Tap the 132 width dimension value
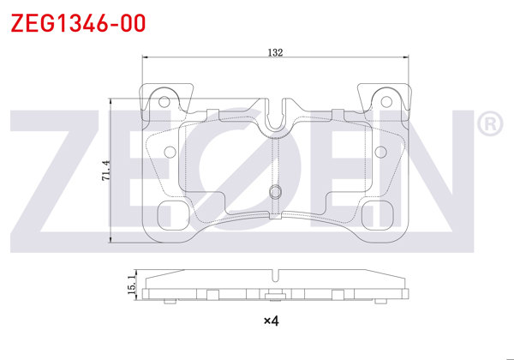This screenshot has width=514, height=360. coord(275,52)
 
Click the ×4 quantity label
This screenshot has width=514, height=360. coord(271,321)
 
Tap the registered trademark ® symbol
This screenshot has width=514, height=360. coord(489,126)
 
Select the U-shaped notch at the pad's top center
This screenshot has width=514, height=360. coord(275,120)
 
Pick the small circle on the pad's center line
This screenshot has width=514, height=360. coord(275,191)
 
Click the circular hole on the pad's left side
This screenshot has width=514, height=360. coord(170,153)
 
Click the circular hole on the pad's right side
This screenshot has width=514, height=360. coord(380,153)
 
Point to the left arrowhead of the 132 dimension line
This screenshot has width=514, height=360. coord(143,59)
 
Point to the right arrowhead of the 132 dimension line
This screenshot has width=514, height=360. coord(406,59)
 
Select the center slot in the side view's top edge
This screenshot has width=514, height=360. coord(275,276)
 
